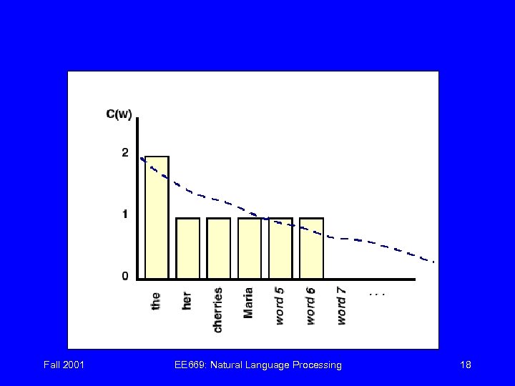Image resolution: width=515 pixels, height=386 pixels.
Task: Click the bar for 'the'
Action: (157, 217)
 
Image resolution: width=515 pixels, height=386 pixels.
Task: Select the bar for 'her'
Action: (187, 248)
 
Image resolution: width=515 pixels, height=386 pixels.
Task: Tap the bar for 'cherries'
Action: (218, 248)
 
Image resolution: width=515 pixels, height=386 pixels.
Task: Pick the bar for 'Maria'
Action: (250, 248)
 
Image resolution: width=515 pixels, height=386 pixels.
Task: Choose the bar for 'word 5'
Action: (280, 248)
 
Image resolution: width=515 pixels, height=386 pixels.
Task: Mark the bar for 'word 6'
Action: (311, 248)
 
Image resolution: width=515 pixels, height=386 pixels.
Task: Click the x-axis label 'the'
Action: (156, 300)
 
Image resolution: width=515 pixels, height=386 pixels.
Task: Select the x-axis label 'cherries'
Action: (218, 310)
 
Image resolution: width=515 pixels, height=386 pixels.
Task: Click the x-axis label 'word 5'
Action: (280, 305)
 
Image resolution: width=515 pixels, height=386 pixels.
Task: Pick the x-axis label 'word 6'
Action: (311, 305)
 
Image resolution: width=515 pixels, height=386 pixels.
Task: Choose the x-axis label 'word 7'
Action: (342, 305)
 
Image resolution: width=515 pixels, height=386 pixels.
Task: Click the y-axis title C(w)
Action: (119, 114)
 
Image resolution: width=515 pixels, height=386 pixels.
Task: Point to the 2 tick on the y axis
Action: (125, 152)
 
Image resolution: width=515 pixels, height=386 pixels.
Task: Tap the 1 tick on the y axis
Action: (125, 214)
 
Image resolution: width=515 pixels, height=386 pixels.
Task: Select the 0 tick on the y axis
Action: (125, 276)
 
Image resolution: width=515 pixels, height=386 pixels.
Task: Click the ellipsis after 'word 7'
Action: (376, 293)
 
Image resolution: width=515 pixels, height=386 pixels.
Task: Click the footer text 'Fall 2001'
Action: (64, 365)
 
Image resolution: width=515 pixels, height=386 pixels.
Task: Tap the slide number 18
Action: (466, 365)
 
